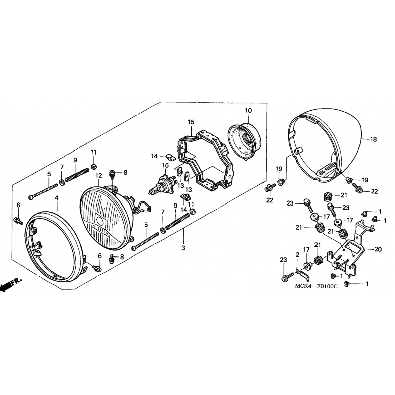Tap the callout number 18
[x=373, y=139]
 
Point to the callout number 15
[x=191, y=122]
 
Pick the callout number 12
[x=98, y=175]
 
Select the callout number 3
[x=183, y=248]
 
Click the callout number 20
[x=378, y=249]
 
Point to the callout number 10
[x=248, y=110]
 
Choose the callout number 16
[x=165, y=165]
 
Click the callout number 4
[x=57, y=197]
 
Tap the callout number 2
[x=297, y=255]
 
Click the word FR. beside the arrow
[x=17, y=281]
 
